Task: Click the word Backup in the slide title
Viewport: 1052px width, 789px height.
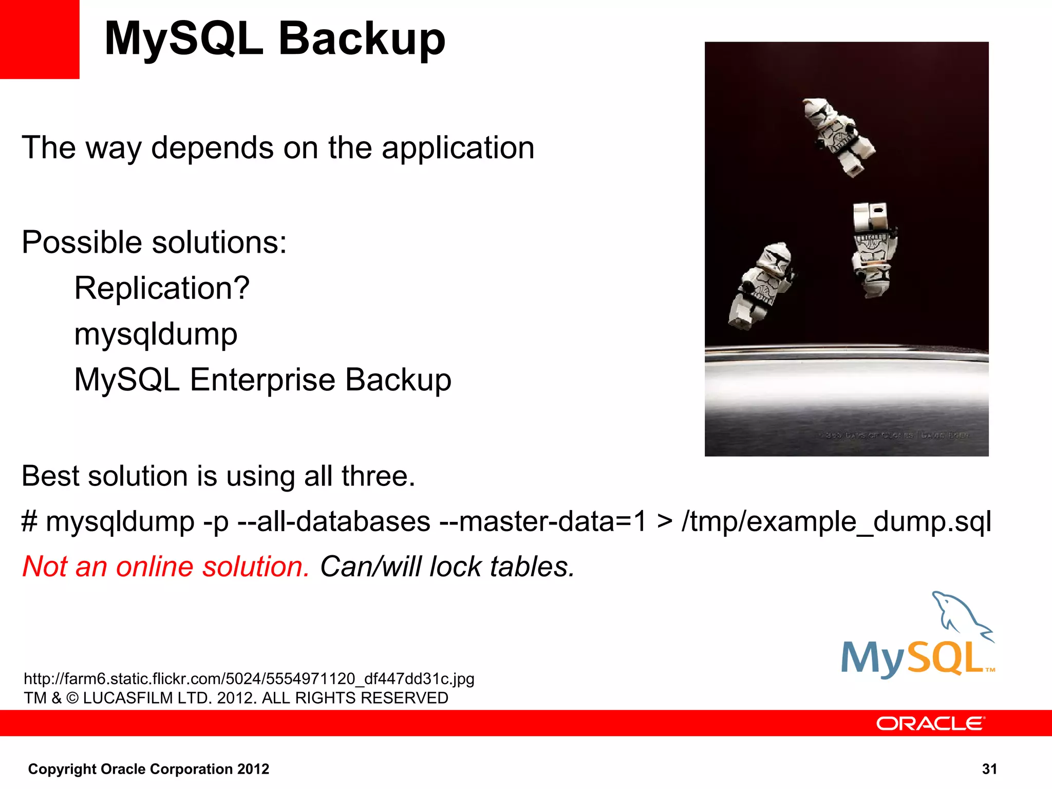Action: [362, 40]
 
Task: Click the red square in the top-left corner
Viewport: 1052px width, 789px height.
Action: [40, 39]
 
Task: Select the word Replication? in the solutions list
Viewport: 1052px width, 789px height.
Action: [162, 288]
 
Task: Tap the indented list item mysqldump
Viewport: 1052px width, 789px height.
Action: [156, 334]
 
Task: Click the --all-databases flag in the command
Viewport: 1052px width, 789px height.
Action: [334, 521]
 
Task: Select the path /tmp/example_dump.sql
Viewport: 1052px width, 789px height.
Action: [836, 521]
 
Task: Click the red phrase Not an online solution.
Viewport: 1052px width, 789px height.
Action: [166, 567]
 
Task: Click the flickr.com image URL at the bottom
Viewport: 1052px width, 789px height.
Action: [249, 679]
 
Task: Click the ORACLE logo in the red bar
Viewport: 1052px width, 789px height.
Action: [930, 723]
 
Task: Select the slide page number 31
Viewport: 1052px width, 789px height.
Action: [989, 768]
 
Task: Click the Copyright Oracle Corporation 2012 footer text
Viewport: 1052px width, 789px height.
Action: [148, 768]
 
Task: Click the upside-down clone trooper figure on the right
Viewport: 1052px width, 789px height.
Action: [873, 249]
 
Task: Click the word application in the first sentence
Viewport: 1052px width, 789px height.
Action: [458, 148]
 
